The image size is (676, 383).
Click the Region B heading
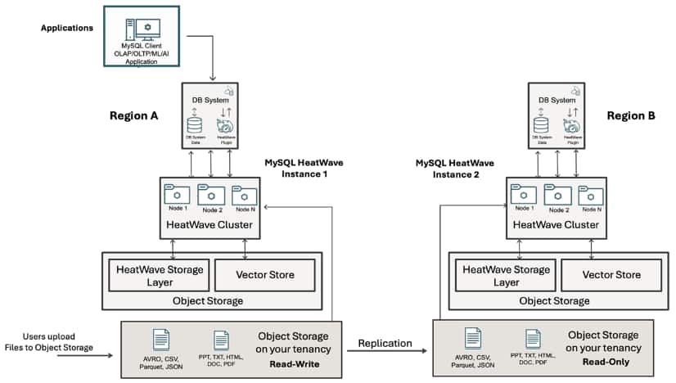[x=631, y=116]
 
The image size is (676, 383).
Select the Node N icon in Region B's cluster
[x=591, y=196]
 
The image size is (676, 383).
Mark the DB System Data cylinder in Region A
[x=195, y=126]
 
